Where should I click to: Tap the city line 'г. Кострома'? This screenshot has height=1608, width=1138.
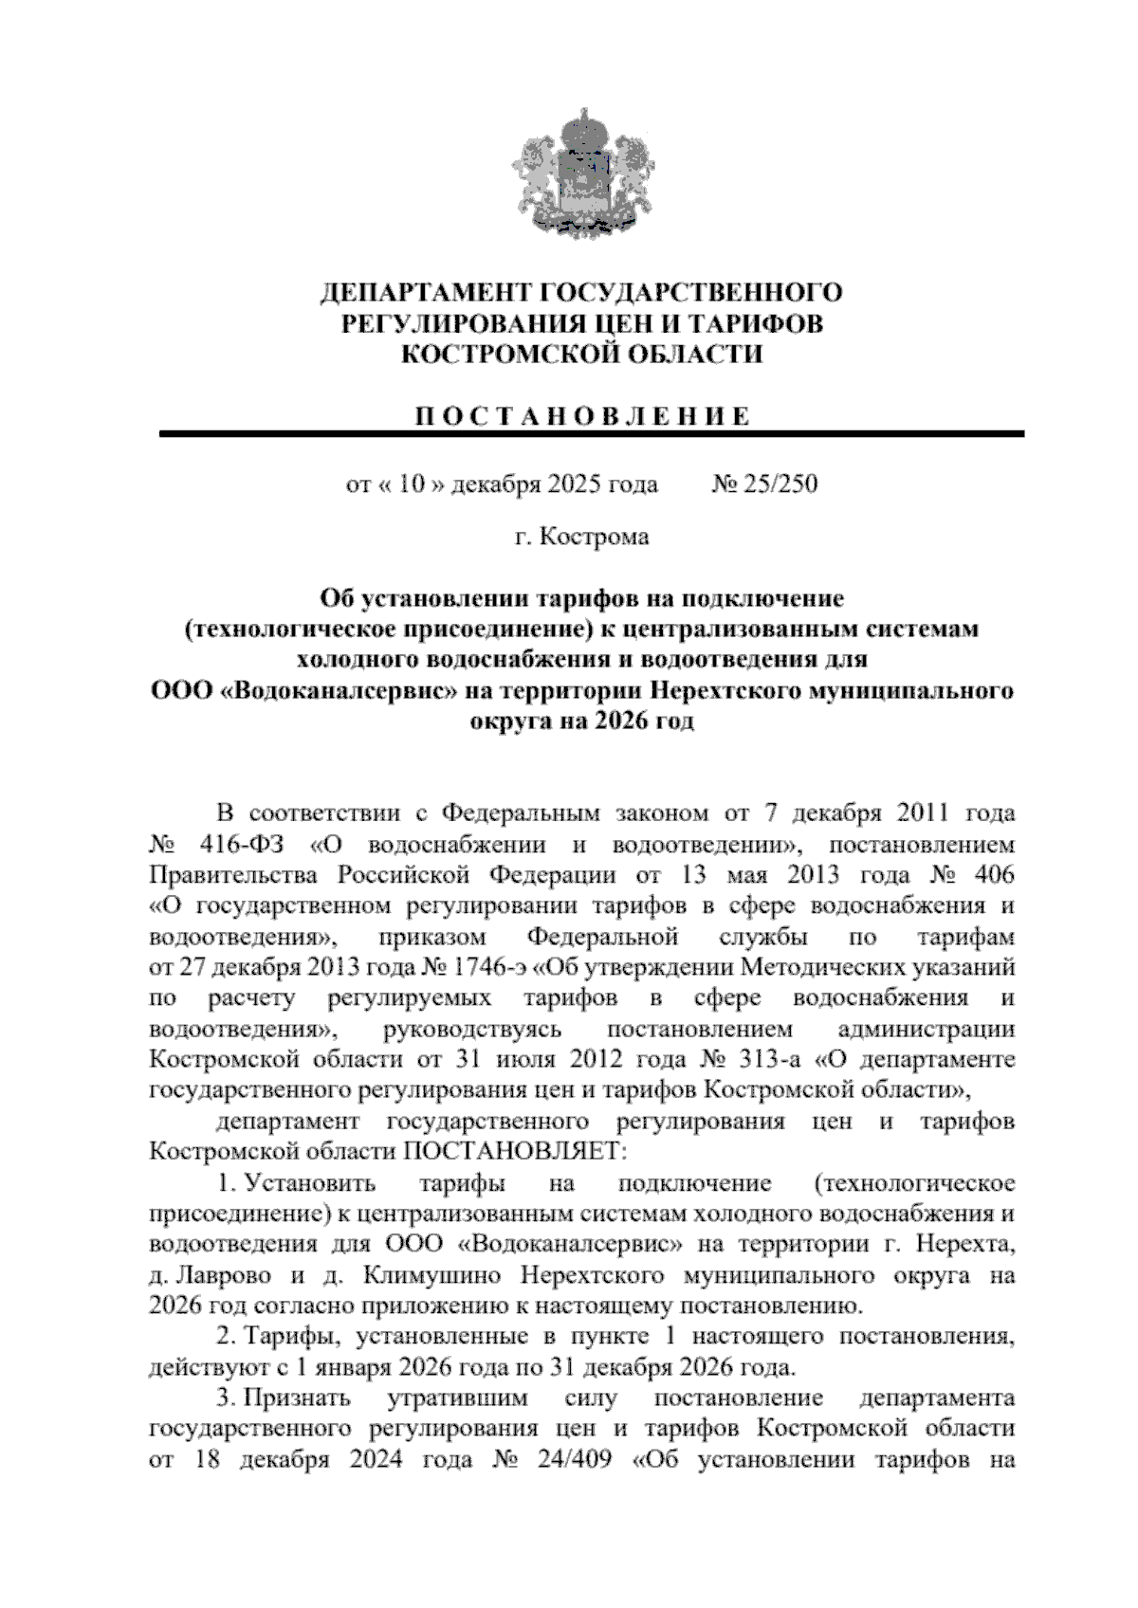(x=582, y=538)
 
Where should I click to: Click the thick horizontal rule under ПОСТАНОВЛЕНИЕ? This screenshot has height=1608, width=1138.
(x=592, y=434)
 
